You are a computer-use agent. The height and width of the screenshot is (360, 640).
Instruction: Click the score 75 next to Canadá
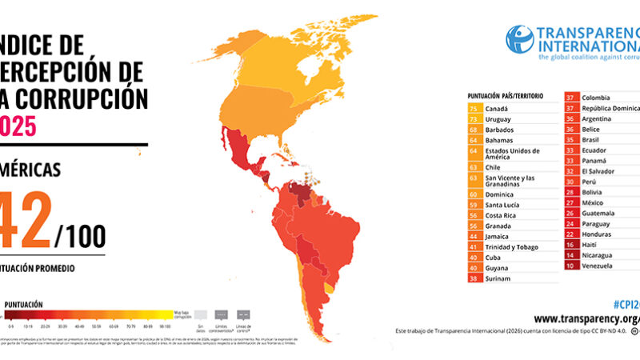click(474, 108)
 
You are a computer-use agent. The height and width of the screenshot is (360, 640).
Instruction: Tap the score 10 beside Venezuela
click(571, 265)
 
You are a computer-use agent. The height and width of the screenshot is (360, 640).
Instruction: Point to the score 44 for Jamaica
click(474, 238)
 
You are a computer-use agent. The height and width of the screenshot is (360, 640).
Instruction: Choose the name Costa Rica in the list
click(503, 216)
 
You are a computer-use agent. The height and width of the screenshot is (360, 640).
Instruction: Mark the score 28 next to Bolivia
click(571, 192)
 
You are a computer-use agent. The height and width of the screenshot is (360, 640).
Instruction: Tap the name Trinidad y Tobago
click(513, 248)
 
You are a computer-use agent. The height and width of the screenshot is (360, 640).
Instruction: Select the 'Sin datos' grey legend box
click(206, 314)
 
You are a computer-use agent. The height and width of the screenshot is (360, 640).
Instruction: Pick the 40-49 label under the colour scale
click(79, 326)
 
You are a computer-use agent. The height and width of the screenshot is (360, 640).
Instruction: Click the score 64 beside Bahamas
click(474, 139)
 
